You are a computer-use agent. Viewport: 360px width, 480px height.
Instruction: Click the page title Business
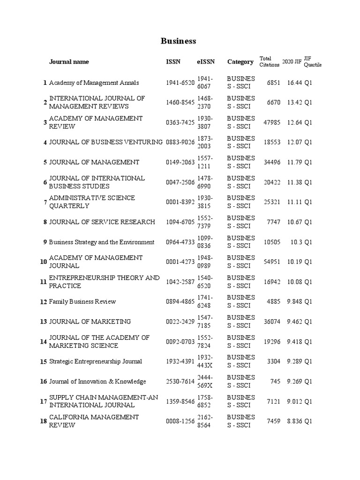(178, 41)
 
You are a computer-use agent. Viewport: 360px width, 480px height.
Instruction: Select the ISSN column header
(172, 62)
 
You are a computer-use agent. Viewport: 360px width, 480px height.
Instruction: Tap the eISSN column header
(205, 62)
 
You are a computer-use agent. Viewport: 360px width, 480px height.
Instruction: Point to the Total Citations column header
(269, 62)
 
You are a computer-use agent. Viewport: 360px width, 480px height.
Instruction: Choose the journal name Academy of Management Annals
(94, 83)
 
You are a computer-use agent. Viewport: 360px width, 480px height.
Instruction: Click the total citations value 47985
(272, 123)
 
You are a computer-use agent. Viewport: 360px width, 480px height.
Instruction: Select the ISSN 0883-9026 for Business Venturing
(180, 142)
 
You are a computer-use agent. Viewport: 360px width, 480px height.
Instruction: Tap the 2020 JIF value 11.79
(295, 163)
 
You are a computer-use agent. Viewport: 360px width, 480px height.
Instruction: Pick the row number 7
(45, 202)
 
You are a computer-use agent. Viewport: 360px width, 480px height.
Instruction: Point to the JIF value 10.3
(297, 242)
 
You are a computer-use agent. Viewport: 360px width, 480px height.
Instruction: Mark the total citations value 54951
(272, 262)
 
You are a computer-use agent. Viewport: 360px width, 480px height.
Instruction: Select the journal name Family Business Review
(82, 302)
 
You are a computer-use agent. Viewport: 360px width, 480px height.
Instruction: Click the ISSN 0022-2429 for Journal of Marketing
(180, 322)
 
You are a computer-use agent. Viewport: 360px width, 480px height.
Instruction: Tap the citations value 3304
(274, 362)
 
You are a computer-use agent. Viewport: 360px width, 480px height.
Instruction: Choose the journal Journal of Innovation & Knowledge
(97, 382)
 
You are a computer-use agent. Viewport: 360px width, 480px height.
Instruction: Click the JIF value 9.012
(295, 402)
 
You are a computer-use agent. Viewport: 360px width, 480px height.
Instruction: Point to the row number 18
(44, 421)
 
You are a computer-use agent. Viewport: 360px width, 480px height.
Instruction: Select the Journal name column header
(69, 62)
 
